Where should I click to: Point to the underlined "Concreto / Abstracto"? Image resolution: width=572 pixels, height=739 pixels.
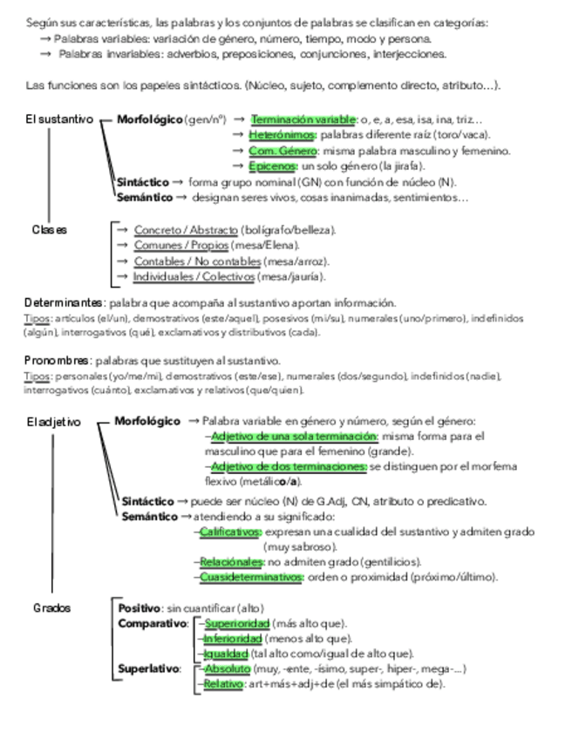coord(185,230)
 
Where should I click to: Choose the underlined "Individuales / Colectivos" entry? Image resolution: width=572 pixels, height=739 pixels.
coord(194,277)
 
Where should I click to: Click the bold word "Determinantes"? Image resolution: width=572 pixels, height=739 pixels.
coord(65,303)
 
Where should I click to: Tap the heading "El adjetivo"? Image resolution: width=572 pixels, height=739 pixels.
coord(53,422)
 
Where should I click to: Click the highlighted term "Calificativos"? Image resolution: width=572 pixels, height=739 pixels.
coord(230,532)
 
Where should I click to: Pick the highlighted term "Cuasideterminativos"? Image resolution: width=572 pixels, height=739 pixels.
coord(251,577)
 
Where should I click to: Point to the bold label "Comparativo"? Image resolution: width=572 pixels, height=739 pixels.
coord(153,623)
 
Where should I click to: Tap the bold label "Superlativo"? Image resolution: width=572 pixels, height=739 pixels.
coord(149,668)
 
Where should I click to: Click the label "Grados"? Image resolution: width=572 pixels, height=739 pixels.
coord(51,607)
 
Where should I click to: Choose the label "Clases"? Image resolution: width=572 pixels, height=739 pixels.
coord(50,230)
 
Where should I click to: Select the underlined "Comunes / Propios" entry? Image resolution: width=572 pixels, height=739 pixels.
coord(180,246)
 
